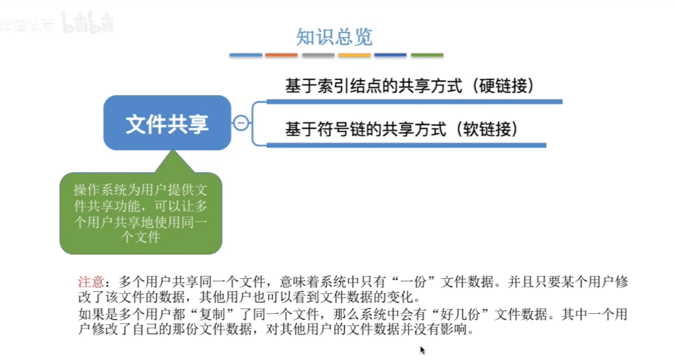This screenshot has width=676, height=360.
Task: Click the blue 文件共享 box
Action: click(167, 123)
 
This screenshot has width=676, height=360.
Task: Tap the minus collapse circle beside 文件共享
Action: click(241, 123)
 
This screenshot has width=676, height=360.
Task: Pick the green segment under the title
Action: click(427, 55)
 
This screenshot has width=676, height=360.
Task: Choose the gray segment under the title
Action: click(318, 55)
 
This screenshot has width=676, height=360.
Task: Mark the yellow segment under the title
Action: click(354, 55)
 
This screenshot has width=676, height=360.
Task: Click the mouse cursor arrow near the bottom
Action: click(422, 350)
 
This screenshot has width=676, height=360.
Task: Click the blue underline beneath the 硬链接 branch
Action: click(414, 102)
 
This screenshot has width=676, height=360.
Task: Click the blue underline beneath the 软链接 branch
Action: click(406, 145)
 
